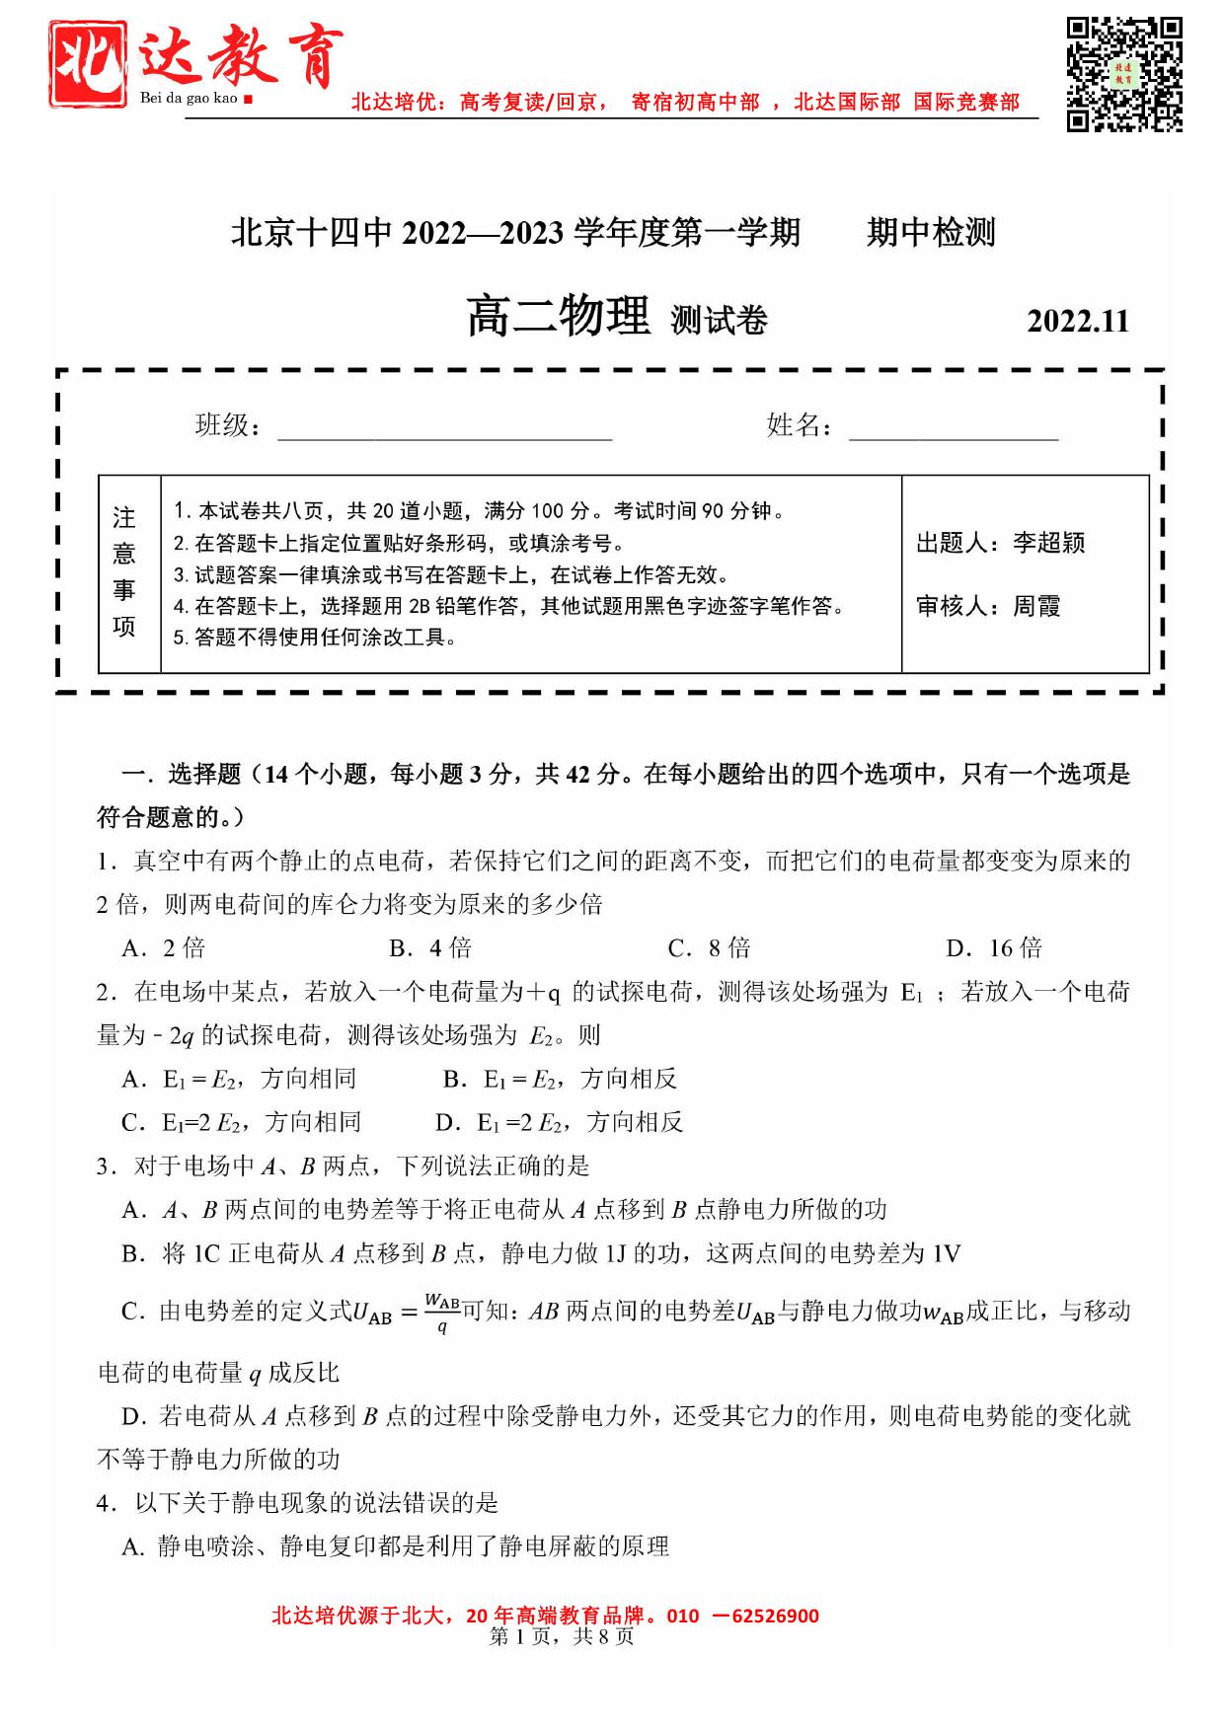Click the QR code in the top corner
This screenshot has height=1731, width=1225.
click(1123, 74)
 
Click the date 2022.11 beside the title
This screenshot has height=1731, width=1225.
click(1077, 322)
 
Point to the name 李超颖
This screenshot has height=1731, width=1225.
click(1048, 543)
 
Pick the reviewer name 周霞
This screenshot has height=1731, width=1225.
click(1036, 606)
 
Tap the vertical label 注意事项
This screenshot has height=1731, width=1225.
click(124, 572)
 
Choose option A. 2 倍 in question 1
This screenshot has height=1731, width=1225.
click(164, 948)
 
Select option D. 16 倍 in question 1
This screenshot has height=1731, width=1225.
click(994, 948)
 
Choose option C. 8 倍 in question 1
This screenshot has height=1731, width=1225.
click(709, 948)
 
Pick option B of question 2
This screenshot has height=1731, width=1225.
click(560, 1079)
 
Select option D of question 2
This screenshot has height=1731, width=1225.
click(559, 1122)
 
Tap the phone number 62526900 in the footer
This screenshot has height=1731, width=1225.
click(775, 1616)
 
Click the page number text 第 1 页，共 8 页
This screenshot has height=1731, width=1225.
click(562, 1637)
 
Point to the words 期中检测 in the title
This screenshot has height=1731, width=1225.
click(931, 233)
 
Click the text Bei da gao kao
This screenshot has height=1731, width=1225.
click(189, 98)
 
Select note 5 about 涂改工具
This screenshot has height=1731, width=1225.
click(316, 638)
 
